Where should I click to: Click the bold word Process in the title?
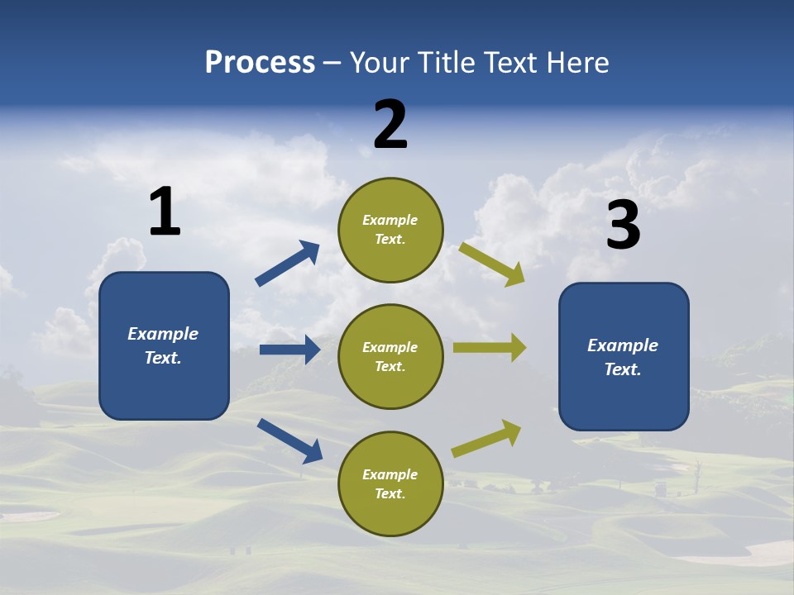click(260, 63)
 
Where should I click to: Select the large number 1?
click(165, 212)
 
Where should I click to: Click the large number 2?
click(390, 125)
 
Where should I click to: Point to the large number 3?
click(623, 226)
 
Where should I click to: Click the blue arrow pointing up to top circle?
click(288, 264)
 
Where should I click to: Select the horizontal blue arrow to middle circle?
click(289, 350)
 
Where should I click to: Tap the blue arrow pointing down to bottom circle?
click(289, 440)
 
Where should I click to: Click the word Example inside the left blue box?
click(163, 334)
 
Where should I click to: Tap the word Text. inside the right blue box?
click(623, 369)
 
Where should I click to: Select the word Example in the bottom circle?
click(390, 474)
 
